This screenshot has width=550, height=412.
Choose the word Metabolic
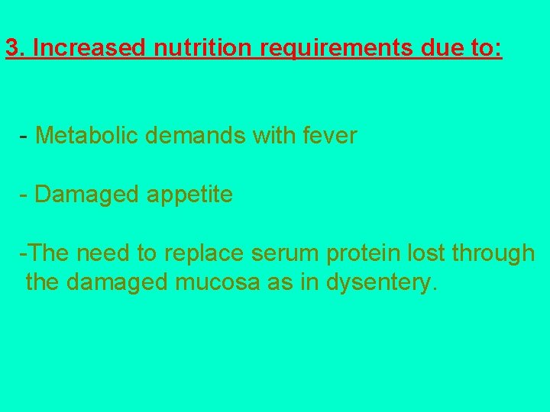[x=86, y=136]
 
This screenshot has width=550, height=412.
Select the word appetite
[x=189, y=195]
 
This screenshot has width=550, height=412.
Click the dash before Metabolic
[x=24, y=137]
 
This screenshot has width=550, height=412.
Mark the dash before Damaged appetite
[x=24, y=195]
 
